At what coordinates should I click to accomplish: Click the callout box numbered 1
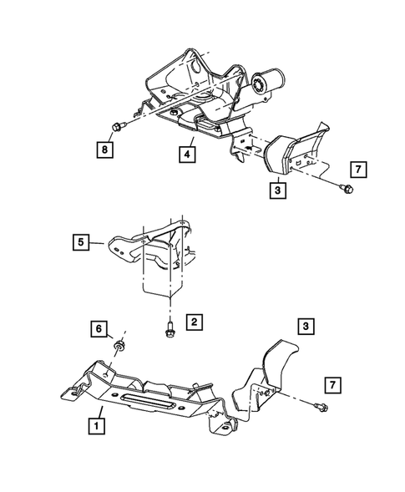point(99,424)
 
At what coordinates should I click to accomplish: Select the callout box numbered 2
point(193,321)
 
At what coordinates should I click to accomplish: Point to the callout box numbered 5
point(80,243)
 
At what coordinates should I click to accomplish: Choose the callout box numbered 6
point(99,330)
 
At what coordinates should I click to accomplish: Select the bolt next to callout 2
point(170,327)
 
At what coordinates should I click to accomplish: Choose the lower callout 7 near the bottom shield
point(332,384)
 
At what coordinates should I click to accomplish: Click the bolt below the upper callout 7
point(345,191)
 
